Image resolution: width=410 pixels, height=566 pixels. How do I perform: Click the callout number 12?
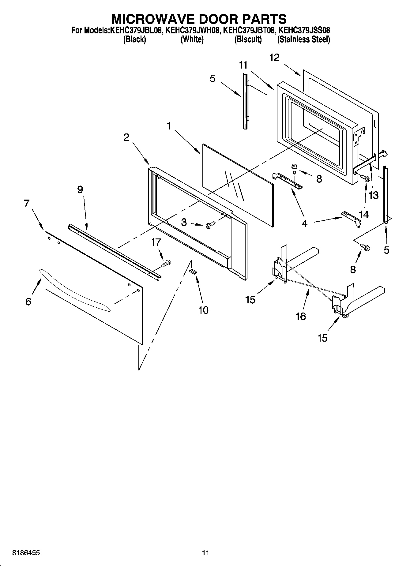274,58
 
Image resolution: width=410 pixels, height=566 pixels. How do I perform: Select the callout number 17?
156,242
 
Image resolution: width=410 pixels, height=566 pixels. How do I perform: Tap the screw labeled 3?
209,225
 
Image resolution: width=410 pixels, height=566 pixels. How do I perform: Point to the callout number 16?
301,316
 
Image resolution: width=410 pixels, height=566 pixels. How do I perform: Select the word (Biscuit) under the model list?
248,39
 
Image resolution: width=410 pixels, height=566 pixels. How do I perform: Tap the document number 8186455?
26,553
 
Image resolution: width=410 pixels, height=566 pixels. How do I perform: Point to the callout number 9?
80,190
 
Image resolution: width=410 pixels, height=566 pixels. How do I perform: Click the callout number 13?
374,195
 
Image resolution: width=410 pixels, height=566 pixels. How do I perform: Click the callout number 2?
126,137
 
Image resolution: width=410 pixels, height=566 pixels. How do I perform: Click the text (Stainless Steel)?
303,39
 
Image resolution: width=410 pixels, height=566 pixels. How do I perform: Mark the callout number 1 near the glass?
169,126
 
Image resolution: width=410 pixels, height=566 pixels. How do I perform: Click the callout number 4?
304,223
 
